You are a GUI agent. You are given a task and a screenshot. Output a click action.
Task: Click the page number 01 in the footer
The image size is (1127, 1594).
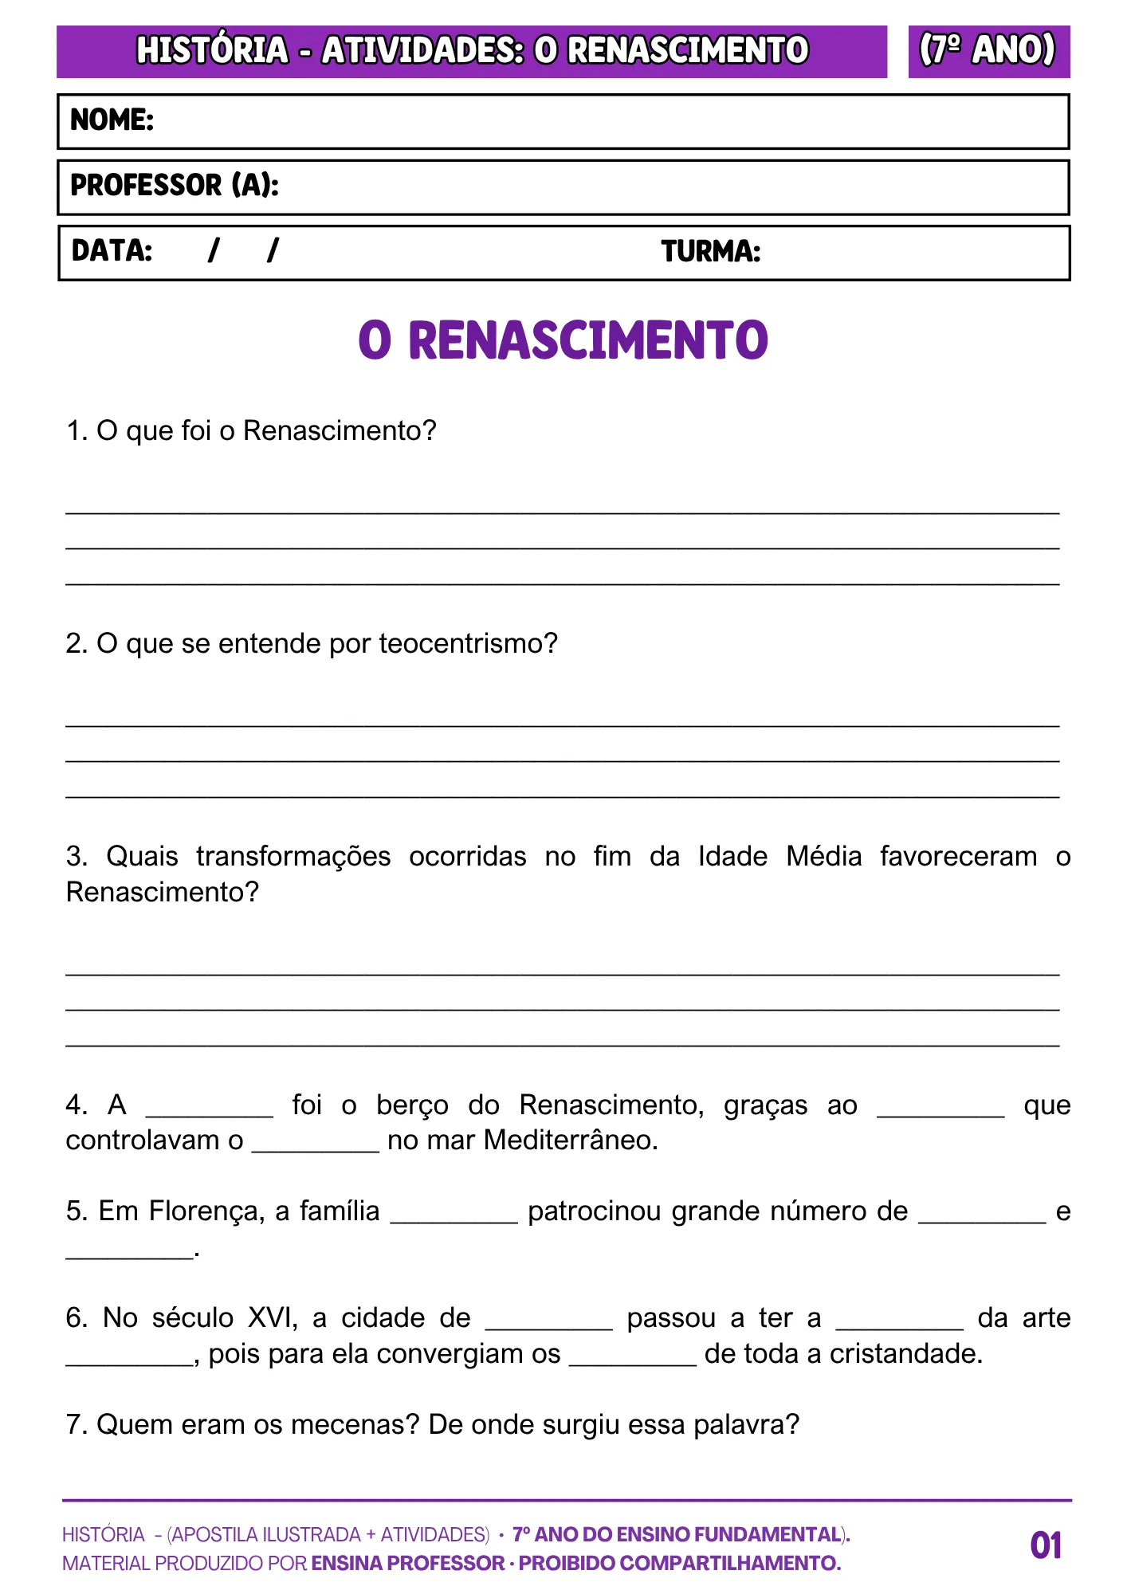1046,1545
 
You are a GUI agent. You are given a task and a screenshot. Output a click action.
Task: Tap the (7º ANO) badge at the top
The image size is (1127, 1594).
988,50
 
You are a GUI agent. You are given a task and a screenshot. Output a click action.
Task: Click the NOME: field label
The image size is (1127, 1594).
112,120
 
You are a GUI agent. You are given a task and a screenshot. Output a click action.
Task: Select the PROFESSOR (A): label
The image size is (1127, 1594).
175,186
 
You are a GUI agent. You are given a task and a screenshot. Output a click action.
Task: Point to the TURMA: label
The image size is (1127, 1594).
711,252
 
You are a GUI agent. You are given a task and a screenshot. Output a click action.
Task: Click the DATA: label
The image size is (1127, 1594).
112,251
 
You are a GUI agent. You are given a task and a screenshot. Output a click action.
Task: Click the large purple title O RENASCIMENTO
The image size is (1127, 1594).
563,340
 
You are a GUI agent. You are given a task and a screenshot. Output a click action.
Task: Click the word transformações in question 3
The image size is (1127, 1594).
293,856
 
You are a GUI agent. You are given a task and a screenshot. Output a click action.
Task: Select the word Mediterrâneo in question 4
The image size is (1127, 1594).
570,1141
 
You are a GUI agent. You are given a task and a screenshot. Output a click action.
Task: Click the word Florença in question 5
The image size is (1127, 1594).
206,1211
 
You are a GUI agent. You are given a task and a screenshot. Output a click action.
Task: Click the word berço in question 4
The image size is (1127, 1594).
412,1105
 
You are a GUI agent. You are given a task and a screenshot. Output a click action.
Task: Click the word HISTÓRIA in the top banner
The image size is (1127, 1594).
212,50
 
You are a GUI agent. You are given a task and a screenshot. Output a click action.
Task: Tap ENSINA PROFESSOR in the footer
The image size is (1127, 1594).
407,1564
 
